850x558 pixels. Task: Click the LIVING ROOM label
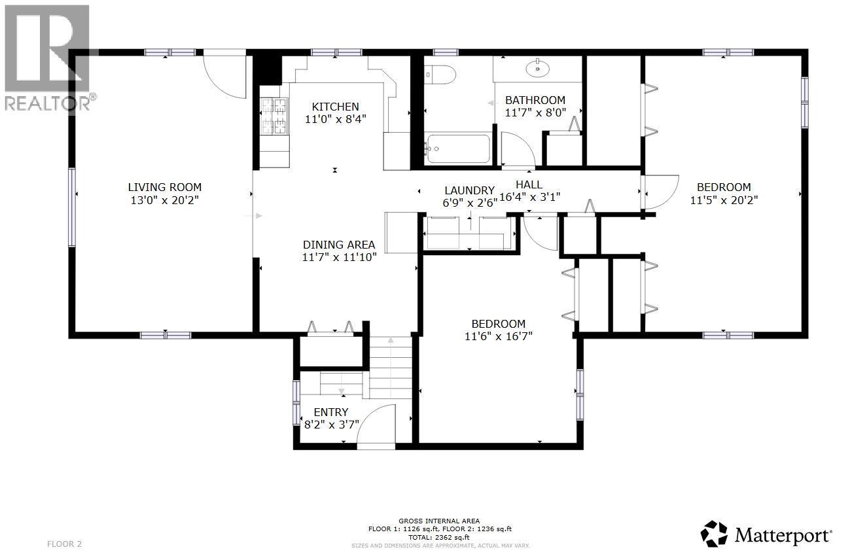point(164,187)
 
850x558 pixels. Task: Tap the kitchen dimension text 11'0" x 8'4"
point(335,120)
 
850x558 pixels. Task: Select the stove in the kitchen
point(275,115)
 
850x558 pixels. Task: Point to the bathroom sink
point(537,67)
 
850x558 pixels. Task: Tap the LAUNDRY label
point(469,190)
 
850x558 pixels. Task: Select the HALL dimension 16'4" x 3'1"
point(530,196)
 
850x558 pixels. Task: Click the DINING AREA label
point(338,245)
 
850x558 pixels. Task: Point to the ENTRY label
point(331,412)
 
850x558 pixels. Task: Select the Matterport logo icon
point(714,534)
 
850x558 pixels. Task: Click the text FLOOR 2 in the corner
point(65,544)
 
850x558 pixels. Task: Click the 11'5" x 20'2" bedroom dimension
point(724,201)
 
